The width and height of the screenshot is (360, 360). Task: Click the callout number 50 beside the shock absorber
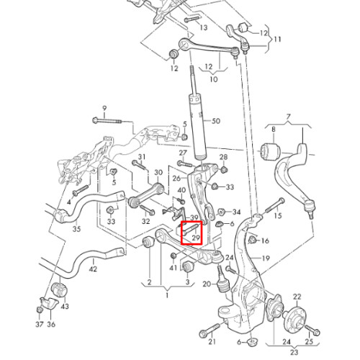(216, 121)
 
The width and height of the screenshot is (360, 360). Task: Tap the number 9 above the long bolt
(104, 109)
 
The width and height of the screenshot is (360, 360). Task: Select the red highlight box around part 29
(192, 233)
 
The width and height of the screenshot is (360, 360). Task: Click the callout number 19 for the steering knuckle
(266, 258)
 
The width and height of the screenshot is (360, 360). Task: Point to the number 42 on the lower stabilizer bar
(93, 269)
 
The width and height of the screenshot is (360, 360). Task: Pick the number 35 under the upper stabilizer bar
(76, 229)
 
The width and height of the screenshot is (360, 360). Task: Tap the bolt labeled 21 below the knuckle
(210, 330)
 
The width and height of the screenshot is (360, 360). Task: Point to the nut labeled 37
(40, 310)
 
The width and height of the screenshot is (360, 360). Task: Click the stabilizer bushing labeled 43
(60, 291)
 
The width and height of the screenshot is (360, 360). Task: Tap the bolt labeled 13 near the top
(192, 19)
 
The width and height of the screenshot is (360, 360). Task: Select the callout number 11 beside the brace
(277, 39)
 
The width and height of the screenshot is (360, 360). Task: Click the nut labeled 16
(252, 240)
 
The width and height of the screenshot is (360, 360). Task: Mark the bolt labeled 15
(275, 205)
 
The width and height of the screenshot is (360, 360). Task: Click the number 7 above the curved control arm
(288, 117)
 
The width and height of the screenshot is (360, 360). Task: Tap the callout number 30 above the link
(158, 172)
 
